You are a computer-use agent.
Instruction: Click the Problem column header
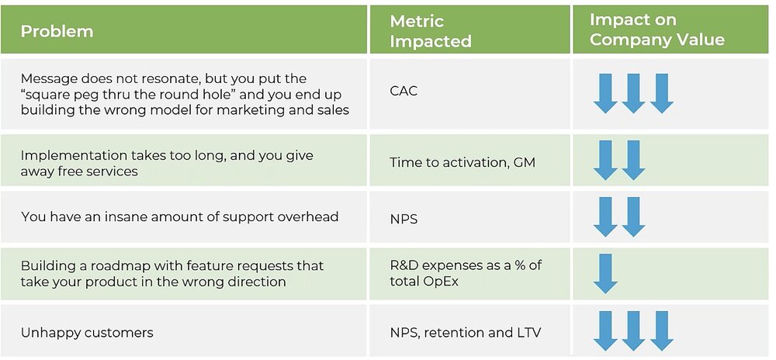(57, 31)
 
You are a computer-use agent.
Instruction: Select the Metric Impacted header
(431, 31)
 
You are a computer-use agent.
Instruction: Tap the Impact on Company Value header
(657, 29)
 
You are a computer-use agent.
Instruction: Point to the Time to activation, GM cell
(462, 163)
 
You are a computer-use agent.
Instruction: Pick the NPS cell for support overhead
(404, 219)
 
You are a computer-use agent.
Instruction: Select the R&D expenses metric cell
(466, 273)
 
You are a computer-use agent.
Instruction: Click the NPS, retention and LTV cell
(465, 332)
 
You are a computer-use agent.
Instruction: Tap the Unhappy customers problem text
(87, 332)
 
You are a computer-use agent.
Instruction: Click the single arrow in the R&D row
(605, 273)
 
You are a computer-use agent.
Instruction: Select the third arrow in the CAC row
(662, 93)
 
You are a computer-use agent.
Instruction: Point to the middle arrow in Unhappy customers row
(633, 331)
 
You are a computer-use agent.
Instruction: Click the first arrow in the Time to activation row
(605, 161)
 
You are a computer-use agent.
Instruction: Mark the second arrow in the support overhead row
(633, 217)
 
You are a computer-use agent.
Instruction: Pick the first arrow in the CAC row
(605, 93)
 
